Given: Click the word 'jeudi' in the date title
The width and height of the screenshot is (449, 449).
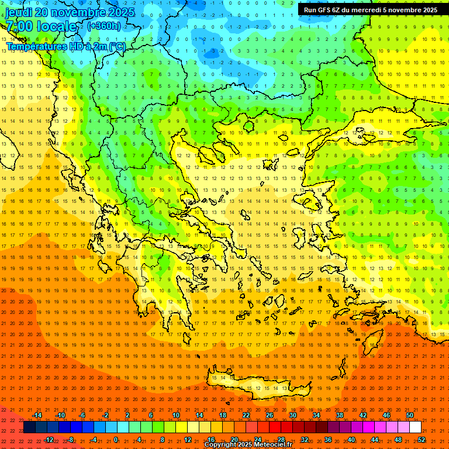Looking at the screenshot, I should pos(19,12).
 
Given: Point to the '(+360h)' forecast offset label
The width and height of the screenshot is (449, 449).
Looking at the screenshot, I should pos(104,26).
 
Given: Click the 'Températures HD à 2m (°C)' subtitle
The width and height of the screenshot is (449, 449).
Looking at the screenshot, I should pos(65,46).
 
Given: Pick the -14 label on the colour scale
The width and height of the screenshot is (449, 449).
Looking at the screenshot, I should pos(37,415).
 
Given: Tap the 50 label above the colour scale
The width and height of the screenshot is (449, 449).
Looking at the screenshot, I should pos(410,415).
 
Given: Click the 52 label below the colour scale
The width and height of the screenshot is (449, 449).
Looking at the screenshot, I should pos(422,440).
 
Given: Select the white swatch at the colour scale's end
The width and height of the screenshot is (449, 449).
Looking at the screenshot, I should pos(415,427).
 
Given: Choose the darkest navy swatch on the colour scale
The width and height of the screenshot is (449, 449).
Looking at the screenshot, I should pos(29,427).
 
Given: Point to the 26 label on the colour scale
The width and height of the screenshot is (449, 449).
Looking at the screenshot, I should pos(270,415).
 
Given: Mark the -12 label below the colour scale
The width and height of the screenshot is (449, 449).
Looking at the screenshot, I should pos(49,440).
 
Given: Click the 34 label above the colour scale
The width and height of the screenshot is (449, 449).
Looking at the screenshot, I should pos(316,415).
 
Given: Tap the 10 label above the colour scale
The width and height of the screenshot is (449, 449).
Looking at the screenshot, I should pos(176,415).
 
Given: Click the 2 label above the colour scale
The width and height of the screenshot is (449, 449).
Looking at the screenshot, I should pos(127,415).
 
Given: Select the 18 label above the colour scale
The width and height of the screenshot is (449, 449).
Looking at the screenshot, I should pos(223,415).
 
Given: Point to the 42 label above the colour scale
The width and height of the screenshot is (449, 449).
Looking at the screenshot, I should pos(363,415).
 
